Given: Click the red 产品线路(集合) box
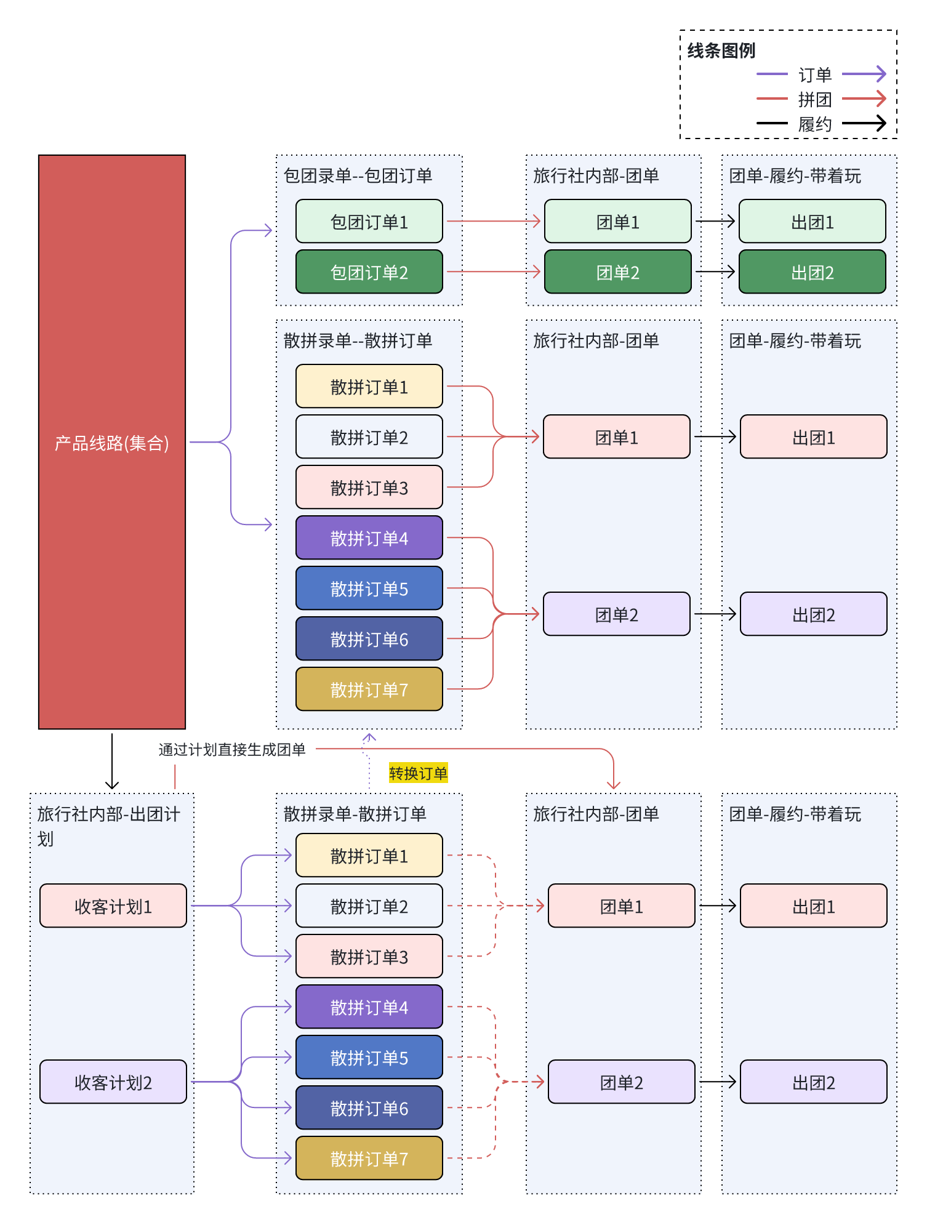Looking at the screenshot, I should point(111,442).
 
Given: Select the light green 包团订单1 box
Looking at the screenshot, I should point(369,222).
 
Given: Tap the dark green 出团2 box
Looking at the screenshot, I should point(812,272).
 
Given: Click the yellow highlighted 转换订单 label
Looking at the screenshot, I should point(418,773).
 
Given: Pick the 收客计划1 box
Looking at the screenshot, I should point(113,906).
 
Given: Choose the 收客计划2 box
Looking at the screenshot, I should point(113,1082).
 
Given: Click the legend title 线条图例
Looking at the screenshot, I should point(721,50).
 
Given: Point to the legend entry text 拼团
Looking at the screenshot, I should point(814,99).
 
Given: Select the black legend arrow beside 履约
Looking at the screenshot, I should point(864,123).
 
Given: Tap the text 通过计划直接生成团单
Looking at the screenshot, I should point(232,749).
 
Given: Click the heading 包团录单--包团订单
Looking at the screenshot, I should point(358,176).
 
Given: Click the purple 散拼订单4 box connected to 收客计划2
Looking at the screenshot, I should point(369,1007).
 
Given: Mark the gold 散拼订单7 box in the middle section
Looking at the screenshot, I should point(369,689).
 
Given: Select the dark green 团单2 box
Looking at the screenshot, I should point(617,272).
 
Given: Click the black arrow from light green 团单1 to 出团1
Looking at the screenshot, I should point(715,221).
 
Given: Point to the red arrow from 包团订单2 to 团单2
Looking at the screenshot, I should point(493,271).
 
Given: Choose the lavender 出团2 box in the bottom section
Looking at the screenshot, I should point(813,1082).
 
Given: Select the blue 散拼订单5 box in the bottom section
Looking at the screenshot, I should point(369,1058).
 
